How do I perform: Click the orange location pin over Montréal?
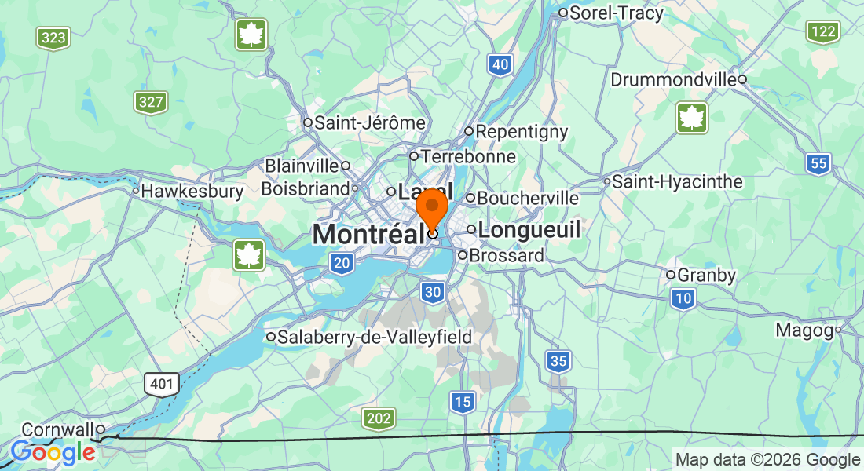click(431, 208)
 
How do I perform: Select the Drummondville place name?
click(673, 80)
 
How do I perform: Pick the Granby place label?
click(706, 276)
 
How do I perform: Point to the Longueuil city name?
click(529, 230)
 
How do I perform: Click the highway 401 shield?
click(162, 384)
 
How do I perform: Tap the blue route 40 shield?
click(500, 65)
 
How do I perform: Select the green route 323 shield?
click(53, 37)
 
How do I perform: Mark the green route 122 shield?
click(822, 31)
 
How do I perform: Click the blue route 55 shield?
click(818, 163)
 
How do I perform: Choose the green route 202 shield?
click(379, 419)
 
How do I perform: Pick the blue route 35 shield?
click(558, 362)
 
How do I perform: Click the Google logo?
click(53, 453)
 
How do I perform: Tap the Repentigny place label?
click(521, 132)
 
